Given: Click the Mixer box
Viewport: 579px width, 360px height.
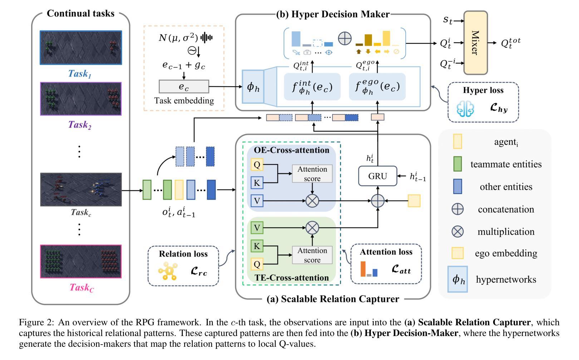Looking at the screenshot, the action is [x=476, y=43].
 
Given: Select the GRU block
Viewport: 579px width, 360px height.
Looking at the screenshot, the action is [x=378, y=176].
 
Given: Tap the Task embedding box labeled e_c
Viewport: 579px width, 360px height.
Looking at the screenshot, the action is [x=184, y=86].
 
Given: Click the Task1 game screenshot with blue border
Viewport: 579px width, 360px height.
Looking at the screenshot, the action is [x=81, y=48].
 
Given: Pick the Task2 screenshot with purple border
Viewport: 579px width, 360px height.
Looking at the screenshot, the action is [x=81, y=98].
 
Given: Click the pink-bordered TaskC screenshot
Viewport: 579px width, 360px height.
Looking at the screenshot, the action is [x=81, y=261].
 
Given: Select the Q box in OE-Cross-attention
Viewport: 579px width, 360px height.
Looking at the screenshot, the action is [x=257, y=165].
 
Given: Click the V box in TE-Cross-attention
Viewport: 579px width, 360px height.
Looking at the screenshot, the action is [x=257, y=228].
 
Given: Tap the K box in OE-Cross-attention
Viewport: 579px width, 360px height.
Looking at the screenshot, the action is [x=257, y=183].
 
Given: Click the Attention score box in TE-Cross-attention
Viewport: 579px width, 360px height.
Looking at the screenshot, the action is [x=312, y=255].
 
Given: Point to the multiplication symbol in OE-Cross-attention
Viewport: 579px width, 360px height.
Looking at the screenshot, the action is [x=312, y=201].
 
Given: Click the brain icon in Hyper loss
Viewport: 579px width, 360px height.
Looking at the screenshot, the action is [x=465, y=108].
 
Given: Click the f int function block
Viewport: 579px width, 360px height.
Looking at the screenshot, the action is [x=312, y=87].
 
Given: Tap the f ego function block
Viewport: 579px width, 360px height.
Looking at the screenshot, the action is [x=377, y=87].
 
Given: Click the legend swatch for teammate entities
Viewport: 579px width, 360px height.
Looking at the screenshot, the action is [x=457, y=164].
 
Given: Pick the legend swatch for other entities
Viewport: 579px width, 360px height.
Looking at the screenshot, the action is [x=457, y=186].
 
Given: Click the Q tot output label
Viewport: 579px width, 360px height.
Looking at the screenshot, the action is [x=511, y=43].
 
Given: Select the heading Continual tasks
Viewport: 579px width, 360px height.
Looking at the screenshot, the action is [x=81, y=14].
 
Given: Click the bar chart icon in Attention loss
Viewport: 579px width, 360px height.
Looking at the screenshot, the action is [x=369, y=269].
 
